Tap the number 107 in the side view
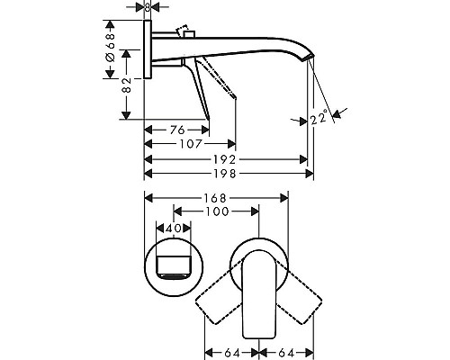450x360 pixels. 189,143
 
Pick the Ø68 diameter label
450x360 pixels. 110,45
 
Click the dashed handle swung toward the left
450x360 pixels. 216,297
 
